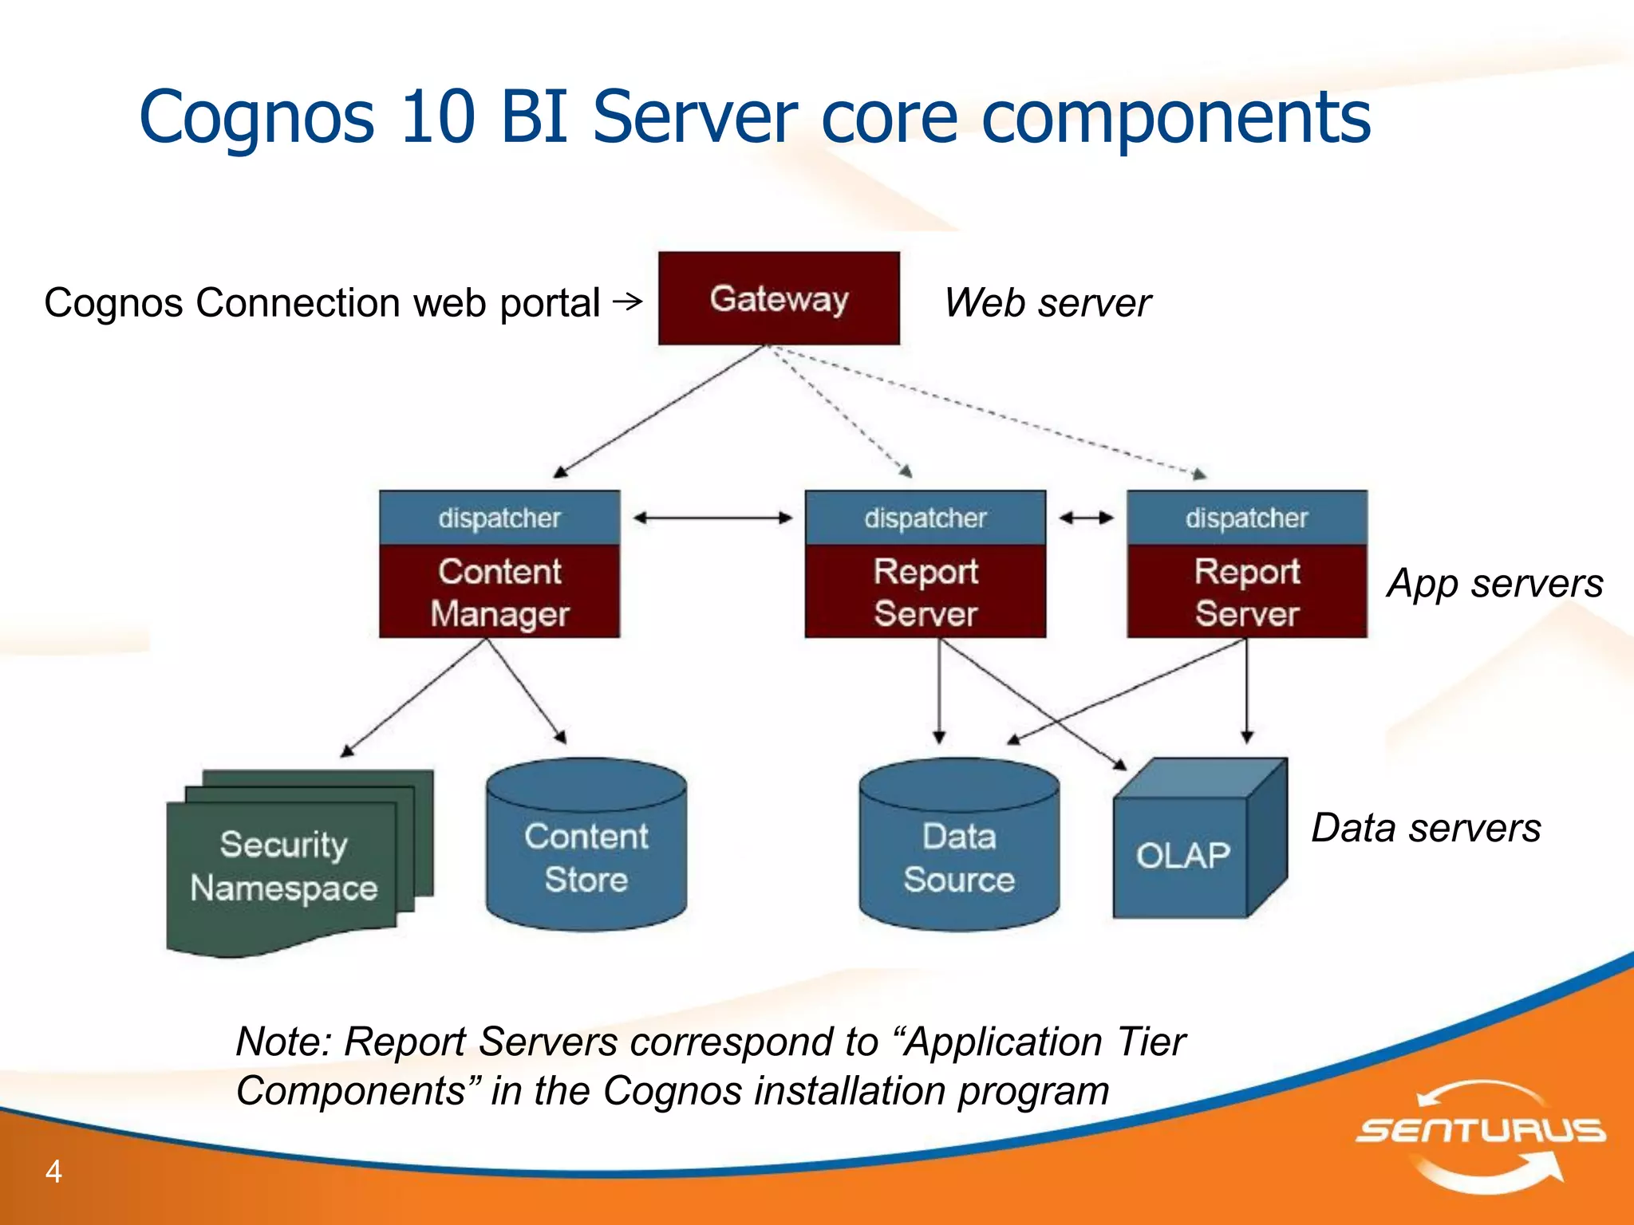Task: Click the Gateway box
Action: (779, 298)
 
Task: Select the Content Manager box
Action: (499, 592)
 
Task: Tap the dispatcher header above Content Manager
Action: (499, 518)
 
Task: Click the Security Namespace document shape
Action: (283, 865)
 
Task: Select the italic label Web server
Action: (1047, 303)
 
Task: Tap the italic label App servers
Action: (1494, 583)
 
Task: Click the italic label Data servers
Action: (1426, 828)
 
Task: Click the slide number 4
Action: (53, 1171)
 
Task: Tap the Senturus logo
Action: (1481, 1132)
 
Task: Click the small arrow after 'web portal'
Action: (628, 301)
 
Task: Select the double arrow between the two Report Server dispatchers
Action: (1086, 518)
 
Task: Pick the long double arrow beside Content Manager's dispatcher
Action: (712, 518)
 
